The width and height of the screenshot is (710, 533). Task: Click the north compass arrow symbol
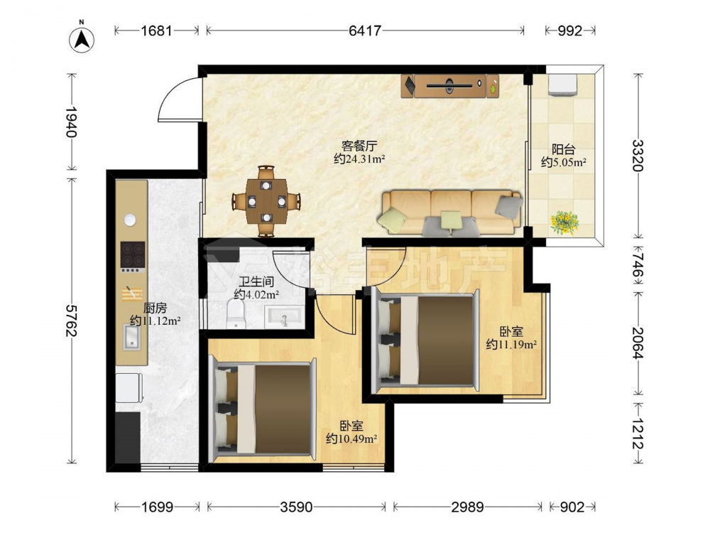tap(82, 39)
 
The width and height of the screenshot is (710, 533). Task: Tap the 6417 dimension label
tap(365, 31)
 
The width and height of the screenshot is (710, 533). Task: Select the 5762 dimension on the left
tap(71, 321)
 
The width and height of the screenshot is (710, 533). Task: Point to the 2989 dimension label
tap(467, 507)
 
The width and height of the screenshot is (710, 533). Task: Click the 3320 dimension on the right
tap(638, 155)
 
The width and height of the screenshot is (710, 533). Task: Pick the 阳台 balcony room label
tap(563, 149)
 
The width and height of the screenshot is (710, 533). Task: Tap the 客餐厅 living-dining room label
tap(359, 146)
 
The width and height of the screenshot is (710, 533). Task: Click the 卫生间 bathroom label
tap(256, 281)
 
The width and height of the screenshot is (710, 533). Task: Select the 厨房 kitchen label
tap(155, 308)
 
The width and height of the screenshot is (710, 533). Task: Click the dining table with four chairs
tap(266, 201)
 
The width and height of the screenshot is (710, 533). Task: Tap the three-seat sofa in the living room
tap(452, 212)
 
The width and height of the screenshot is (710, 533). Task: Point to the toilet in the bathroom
tap(235, 313)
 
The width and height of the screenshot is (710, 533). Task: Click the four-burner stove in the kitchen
tap(133, 256)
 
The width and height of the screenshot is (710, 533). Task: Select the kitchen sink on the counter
tap(132, 337)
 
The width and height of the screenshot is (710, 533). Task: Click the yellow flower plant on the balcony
tap(564, 222)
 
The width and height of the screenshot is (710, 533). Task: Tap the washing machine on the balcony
tap(563, 85)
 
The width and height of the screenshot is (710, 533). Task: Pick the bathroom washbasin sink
tap(284, 316)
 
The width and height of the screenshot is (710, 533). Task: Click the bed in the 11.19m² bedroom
tap(425, 341)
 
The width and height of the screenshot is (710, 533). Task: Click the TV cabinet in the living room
tap(449, 86)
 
